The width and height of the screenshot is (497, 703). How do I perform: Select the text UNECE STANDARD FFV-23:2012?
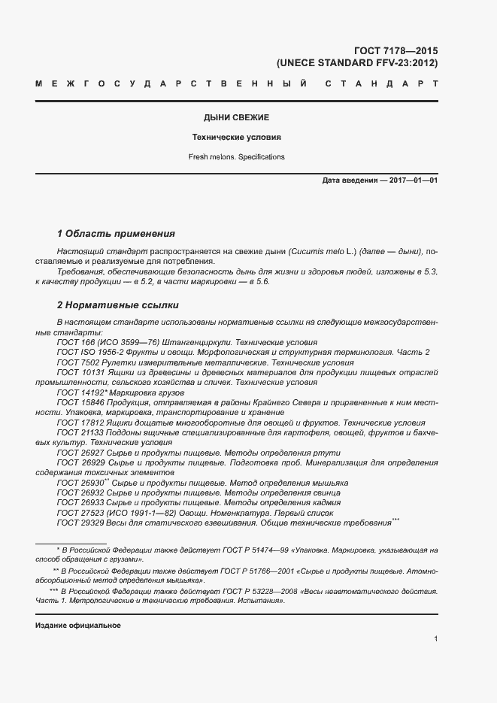coord(357,63)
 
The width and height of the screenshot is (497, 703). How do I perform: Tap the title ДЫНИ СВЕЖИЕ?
coord(236,118)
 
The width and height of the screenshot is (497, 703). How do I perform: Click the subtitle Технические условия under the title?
coord(236,138)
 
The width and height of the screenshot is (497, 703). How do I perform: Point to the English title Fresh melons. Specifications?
coord(236,157)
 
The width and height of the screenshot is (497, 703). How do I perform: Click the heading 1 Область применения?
coord(116,233)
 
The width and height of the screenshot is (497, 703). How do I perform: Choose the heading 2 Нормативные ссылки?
coord(118,305)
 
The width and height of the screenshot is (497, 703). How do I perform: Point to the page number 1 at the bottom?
coord(436,639)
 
